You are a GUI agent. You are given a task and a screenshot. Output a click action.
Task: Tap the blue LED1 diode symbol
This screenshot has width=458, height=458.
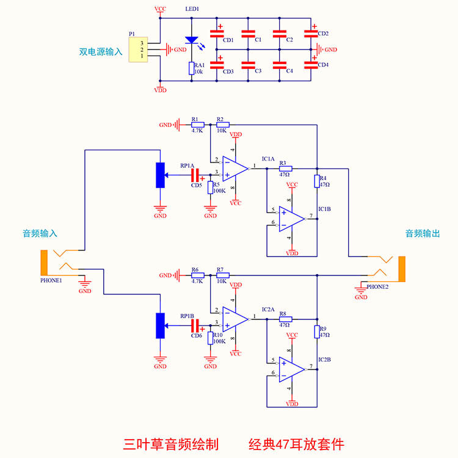pos(191,40)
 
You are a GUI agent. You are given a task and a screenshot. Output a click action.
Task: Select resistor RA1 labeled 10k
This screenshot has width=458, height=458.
pos(191,68)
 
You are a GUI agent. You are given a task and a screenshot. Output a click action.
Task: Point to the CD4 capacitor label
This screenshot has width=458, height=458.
pos(323,65)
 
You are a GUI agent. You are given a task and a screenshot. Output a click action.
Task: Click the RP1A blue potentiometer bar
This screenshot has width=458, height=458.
pos(160,175)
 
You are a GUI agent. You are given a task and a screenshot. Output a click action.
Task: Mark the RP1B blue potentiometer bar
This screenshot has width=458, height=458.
pos(160,325)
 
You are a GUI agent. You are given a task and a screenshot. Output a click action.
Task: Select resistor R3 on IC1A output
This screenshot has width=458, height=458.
pos(285,168)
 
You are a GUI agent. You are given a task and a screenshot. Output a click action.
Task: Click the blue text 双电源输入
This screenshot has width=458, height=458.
pos(101,52)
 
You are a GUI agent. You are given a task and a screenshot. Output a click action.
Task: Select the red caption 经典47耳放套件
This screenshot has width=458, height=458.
pos(300,443)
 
